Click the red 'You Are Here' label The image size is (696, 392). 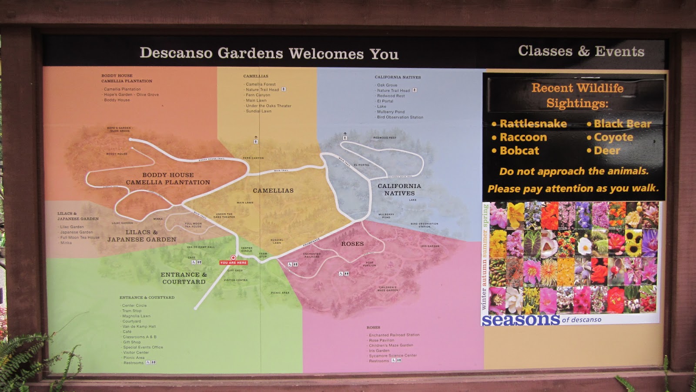coord(234,263)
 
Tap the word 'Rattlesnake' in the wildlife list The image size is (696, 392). coord(533,124)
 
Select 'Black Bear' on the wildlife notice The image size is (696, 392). coord(622,124)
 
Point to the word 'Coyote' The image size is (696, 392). coord(613,137)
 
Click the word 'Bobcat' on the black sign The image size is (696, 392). coord(519,151)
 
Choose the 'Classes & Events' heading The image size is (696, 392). coord(581,51)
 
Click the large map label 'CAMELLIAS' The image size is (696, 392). coord(273,191)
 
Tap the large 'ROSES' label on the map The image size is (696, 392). coord(352,244)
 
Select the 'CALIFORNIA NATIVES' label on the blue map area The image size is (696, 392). coord(399,190)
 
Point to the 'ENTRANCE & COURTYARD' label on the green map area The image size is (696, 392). coord(184,278)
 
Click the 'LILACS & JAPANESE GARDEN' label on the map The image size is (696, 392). coord(142,236)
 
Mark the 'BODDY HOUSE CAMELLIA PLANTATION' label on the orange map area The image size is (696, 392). coord(168,179)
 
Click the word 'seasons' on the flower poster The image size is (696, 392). coord(521,320)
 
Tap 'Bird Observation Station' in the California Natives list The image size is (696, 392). coord(400,117)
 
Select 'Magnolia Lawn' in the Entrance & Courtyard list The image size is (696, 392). coord(136,316)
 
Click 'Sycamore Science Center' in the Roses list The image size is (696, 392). coord(393,355)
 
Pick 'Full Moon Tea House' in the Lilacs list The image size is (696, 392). coord(80,238)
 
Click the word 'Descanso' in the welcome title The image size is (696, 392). coord(176,53)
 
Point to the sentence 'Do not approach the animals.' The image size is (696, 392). coord(574,171)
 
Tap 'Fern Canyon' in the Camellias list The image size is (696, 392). coord(258,95)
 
